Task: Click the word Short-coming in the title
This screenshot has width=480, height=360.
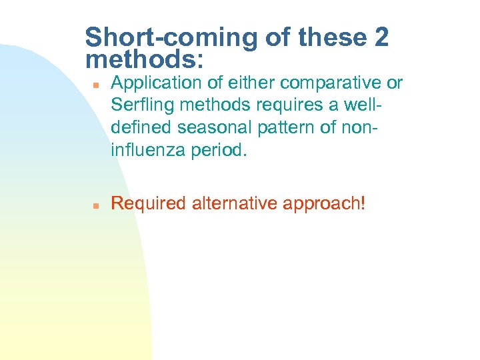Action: coord(171,38)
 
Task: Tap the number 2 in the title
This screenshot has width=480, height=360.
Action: coord(381,38)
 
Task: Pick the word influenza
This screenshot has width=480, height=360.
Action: coord(147,149)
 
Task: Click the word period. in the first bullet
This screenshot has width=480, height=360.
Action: coord(217,149)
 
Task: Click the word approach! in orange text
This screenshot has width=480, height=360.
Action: coord(324,203)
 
